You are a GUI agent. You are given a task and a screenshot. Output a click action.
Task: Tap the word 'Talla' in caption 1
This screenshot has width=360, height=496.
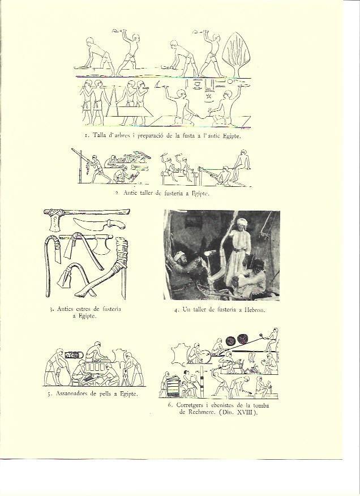100,136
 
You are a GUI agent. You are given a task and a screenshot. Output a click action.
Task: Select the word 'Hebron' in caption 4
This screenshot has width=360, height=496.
255,310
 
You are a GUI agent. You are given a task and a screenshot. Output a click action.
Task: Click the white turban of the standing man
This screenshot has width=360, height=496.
242,222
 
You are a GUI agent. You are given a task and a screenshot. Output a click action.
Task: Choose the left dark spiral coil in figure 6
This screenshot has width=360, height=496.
232,341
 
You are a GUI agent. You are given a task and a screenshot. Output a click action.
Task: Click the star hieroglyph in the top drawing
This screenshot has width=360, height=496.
208,96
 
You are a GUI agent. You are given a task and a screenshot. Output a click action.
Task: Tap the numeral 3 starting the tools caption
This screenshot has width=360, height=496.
51,310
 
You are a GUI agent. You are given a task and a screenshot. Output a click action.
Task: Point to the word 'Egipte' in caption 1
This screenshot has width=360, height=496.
232,136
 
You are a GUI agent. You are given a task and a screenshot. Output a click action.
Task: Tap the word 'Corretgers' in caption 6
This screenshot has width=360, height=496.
190,405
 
